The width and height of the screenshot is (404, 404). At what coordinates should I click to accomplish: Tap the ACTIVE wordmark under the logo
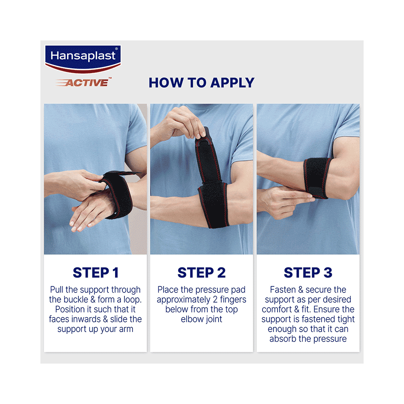pos(86,83)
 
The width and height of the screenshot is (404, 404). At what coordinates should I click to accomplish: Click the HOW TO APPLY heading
pos(201,82)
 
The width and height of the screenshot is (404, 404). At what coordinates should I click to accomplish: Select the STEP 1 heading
pos(96,273)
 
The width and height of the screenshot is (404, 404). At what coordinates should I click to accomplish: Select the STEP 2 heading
pos(201,273)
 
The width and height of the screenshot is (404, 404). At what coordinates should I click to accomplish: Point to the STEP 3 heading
pos(308,273)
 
